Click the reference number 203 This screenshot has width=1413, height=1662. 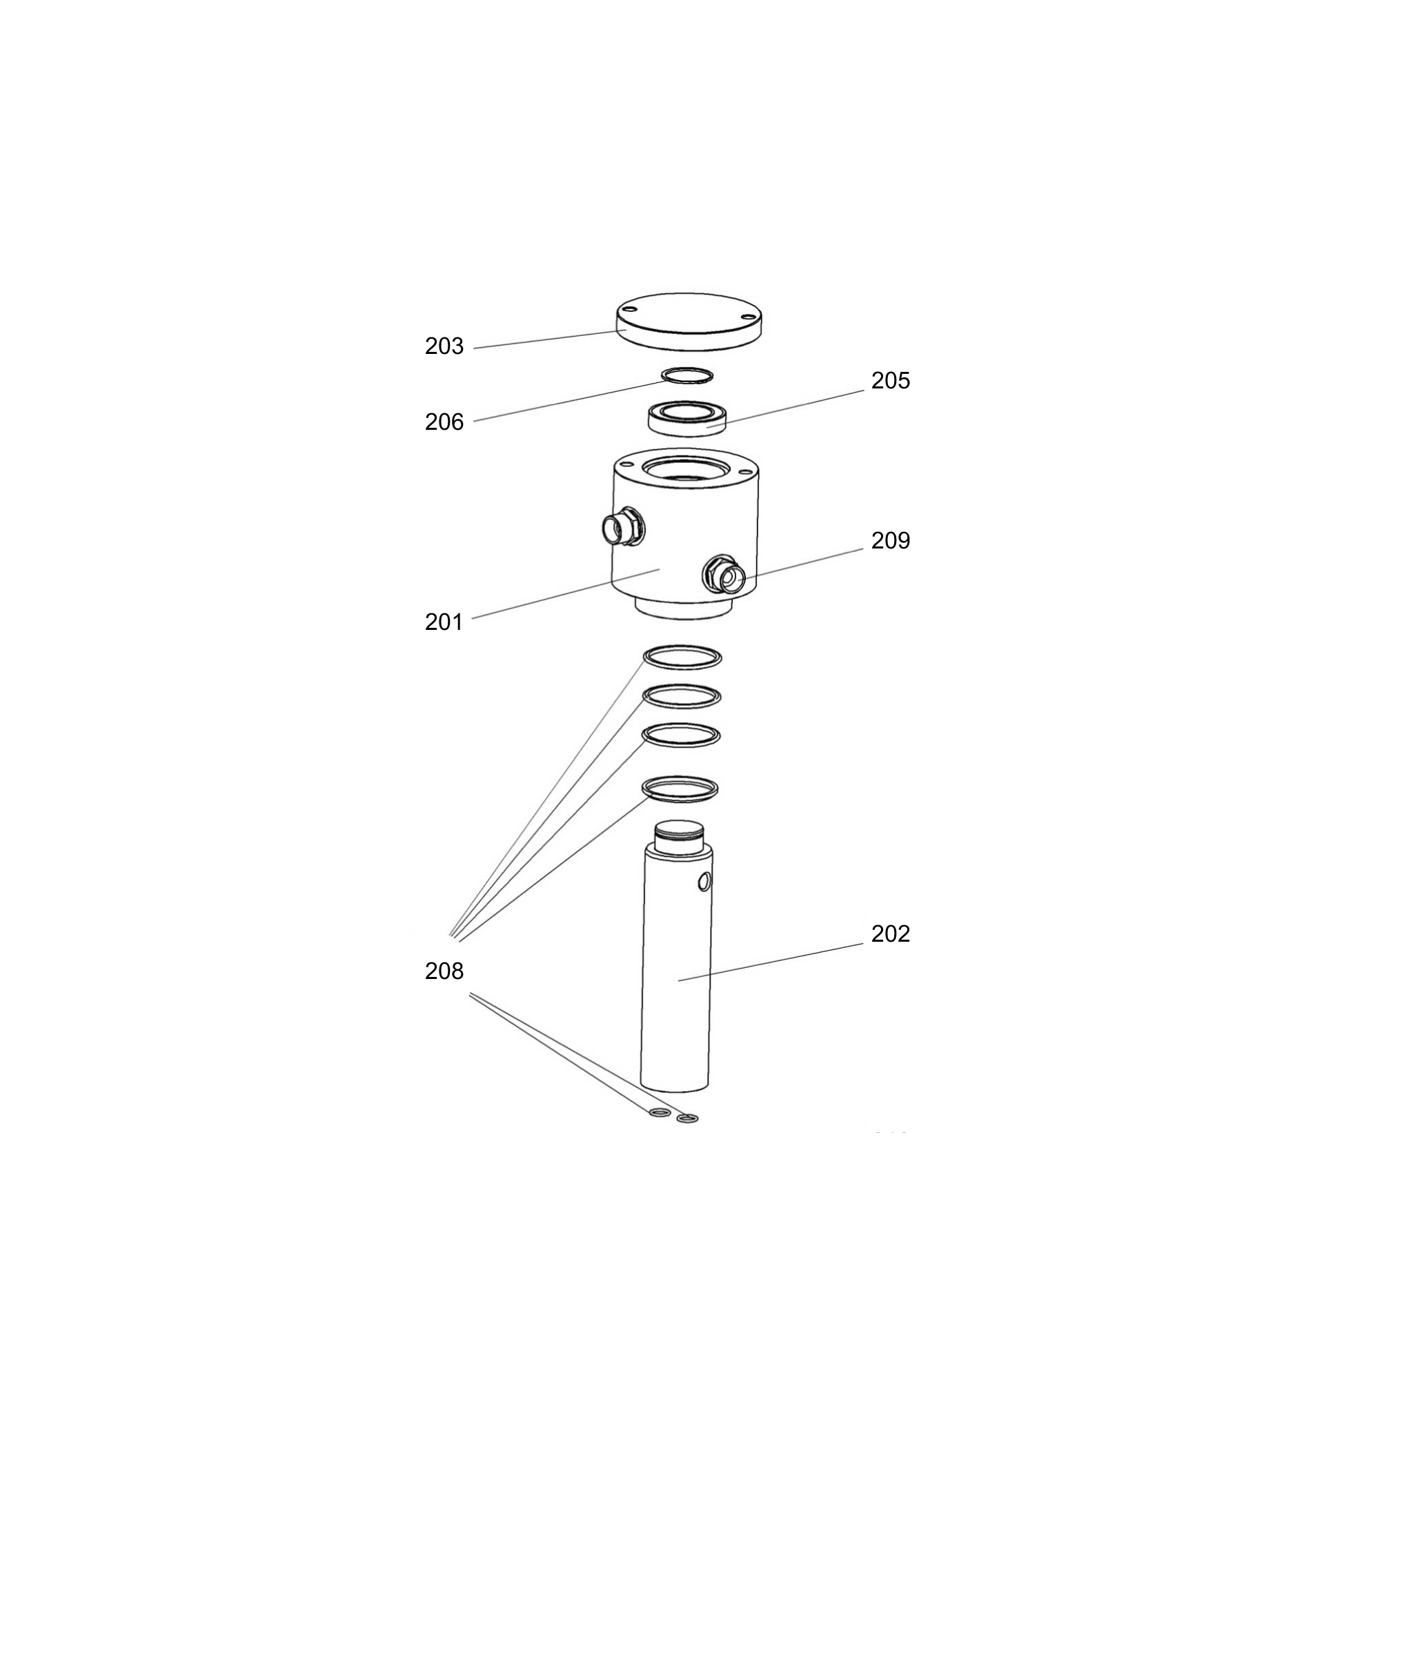(x=444, y=346)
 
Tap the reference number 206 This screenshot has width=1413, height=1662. (x=444, y=422)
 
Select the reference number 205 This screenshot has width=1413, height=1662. (x=890, y=380)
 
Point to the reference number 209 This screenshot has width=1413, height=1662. (x=890, y=541)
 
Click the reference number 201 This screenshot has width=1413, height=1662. (x=444, y=622)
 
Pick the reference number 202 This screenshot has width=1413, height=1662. (x=890, y=934)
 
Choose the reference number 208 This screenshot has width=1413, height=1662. (x=444, y=971)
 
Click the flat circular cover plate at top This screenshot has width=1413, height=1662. (x=689, y=320)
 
